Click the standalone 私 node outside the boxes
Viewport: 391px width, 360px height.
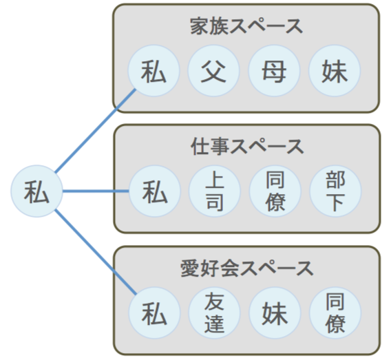pos(36,191)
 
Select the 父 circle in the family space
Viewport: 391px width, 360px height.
pos(213,70)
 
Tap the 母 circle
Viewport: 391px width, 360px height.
pos(274,70)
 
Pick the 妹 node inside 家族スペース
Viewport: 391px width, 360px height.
pos(335,70)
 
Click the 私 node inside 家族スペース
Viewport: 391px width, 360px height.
pos(154,70)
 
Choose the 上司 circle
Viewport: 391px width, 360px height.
pos(215,191)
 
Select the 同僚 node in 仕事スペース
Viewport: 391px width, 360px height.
pos(275,191)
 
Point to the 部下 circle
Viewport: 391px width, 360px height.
pos(335,191)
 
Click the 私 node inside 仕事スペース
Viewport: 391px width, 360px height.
pos(155,191)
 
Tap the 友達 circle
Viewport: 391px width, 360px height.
pos(214,313)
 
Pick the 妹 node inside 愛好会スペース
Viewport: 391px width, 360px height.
pos(275,313)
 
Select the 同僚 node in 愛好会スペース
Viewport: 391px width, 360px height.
pos(335,313)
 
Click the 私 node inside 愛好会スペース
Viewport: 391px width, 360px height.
pos(154,313)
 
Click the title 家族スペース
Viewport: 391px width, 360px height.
pos(246,26)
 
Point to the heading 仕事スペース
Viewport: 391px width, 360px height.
pos(247,147)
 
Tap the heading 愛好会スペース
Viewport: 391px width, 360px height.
pos(247,268)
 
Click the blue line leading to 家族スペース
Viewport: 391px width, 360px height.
pos(96,131)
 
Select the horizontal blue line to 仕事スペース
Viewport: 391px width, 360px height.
pos(96,191)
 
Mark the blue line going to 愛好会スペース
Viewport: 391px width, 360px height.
pos(96,252)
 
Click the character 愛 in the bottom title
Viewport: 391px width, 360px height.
pos(189,268)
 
